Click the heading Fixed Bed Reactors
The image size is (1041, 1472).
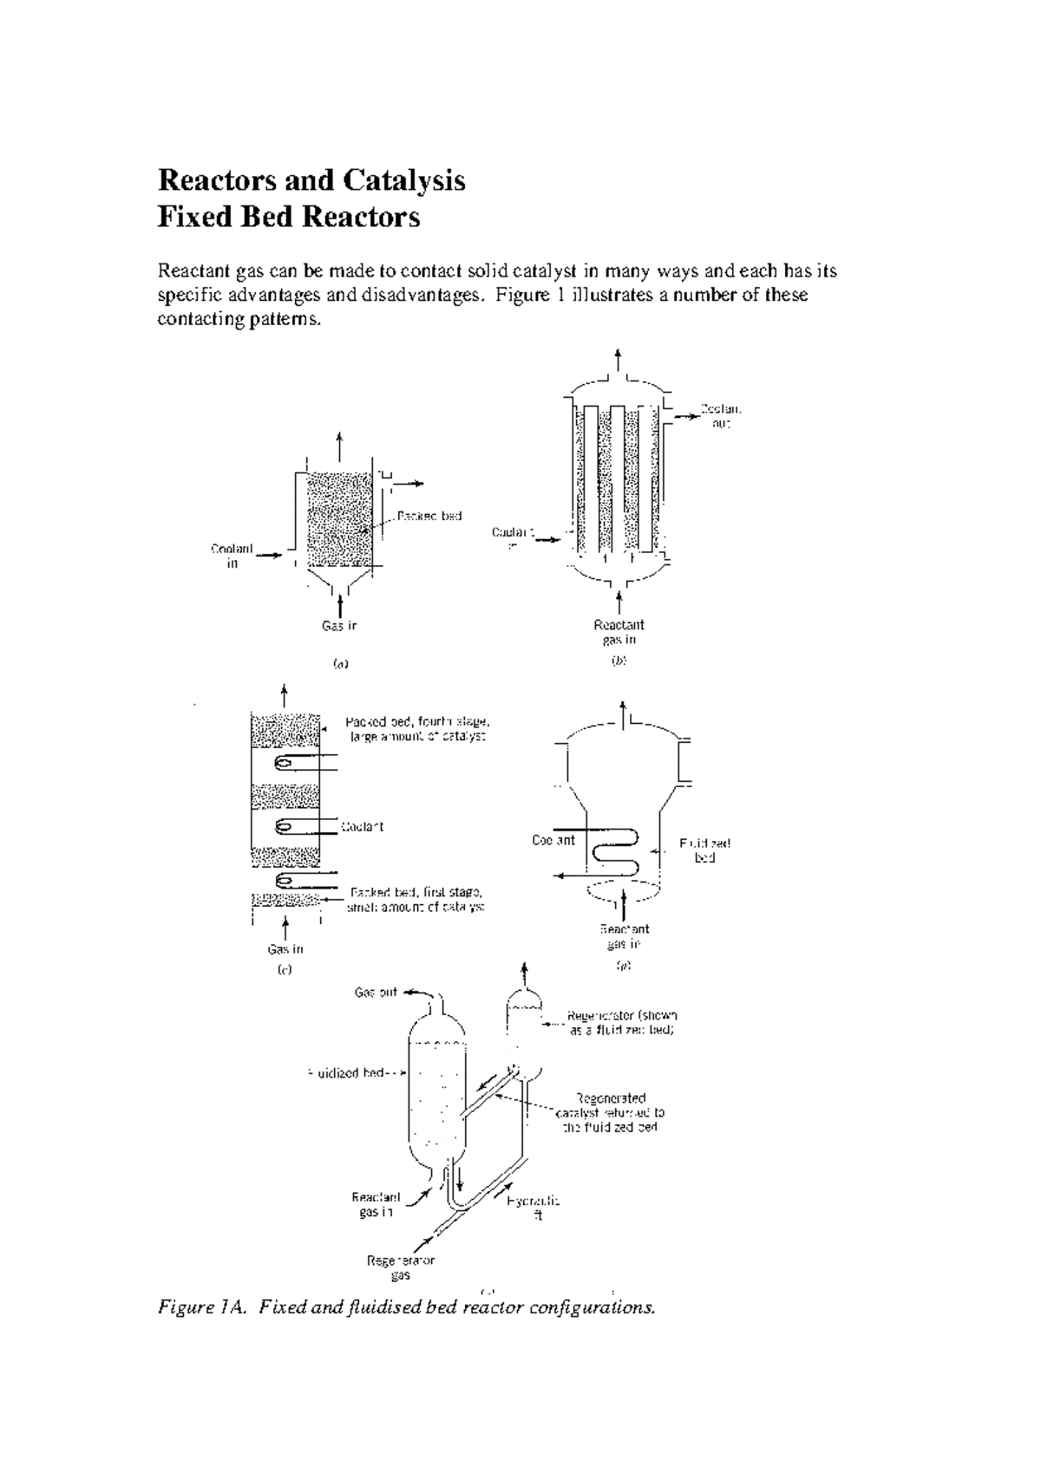(x=288, y=217)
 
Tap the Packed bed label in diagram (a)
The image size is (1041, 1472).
(x=429, y=516)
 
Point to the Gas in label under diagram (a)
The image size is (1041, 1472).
(x=339, y=625)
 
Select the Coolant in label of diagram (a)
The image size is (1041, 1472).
(x=232, y=556)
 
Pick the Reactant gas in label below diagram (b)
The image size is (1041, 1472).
(x=619, y=632)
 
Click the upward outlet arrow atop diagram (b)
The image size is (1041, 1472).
(x=618, y=360)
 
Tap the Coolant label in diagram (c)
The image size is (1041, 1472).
(x=362, y=826)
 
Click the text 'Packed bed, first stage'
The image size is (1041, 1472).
(x=416, y=892)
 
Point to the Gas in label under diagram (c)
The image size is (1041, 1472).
(x=285, y=949)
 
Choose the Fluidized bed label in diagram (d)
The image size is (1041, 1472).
(x=704, y=850)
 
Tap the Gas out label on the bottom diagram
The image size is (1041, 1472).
(x=376, y=993)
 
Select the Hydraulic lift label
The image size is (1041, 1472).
(x=534, y=1208)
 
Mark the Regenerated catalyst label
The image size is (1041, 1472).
(x=611, y=1112)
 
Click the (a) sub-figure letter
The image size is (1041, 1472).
(x=340, y=664)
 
